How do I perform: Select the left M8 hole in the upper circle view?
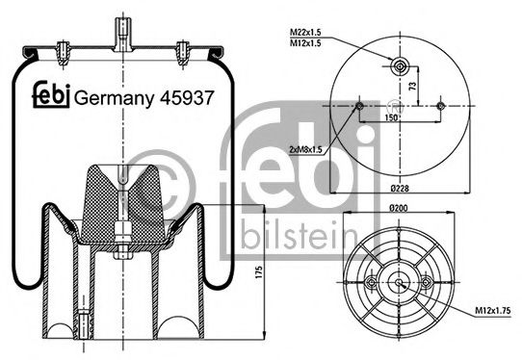pyautogui.click(x=358, y=105)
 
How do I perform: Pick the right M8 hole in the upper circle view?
pyautogui.click(x=439, y=105)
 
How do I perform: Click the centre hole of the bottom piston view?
pyautogui.click(x=398, y=282)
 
